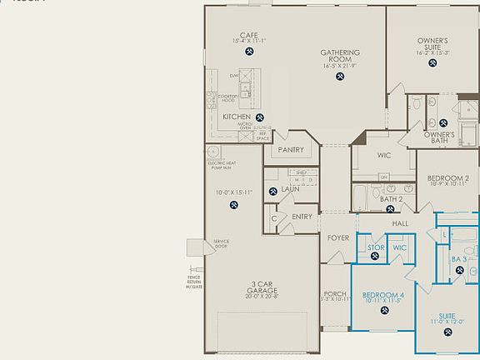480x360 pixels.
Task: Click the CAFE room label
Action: (249, 35)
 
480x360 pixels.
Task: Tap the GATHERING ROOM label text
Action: (340, 56)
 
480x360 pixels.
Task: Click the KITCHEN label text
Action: (237, 117)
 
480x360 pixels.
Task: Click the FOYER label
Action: (337, 237)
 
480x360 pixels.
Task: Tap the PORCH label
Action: (335, 294)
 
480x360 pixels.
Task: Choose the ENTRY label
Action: (302, 217)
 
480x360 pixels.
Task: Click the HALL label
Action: (400, 223)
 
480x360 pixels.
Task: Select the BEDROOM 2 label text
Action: (448, 177)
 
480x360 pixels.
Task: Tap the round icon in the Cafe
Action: (249, 52)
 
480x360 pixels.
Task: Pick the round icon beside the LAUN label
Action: (272, 192)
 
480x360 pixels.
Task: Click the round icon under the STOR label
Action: (376, 257)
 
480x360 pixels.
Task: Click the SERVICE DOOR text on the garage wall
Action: (221, 244)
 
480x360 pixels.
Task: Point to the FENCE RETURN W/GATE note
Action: (193, 280)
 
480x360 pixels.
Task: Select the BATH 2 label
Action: (392, 199)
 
